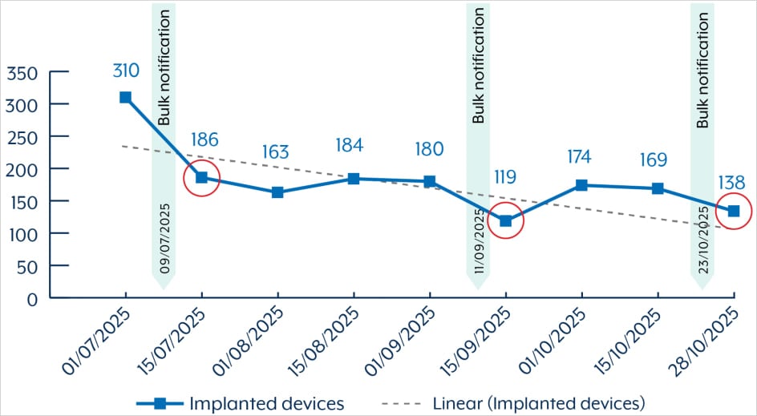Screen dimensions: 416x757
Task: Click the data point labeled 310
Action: [x=125, y=97]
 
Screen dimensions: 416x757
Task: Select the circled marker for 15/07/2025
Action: [x=201, y=177]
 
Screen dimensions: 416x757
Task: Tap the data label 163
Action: [x=277, y=152]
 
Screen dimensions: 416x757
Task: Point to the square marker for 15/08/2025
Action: [x=354, y=179]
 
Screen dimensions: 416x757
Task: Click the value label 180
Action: [x=429, y=150]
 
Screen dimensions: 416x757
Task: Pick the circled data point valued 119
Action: [x=505, y=220]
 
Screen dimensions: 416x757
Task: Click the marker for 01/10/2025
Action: [x=581, y=185]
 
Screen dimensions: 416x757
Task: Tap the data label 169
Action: [x=654, y=160]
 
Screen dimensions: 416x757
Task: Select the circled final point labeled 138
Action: [x=734, y=211]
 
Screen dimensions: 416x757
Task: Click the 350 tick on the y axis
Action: [x=21, y=73]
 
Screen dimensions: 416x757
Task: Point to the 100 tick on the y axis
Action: [x=21, y=234]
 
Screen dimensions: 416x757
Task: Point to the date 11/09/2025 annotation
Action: [x=479, y=239]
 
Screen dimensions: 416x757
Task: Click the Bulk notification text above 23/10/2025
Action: [x=703, y=72]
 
